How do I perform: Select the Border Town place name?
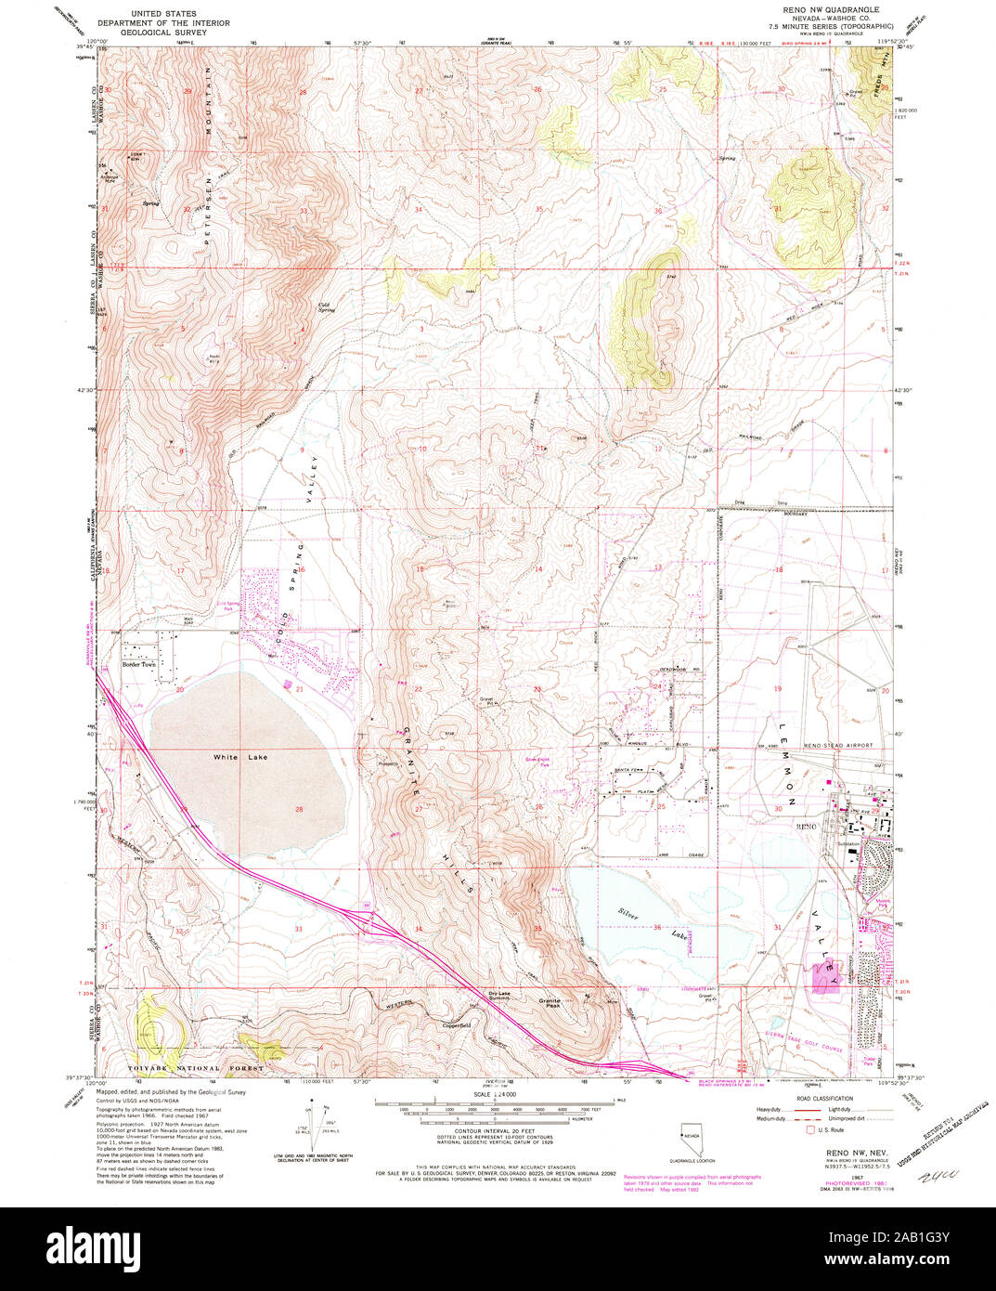click(x=142, y=664)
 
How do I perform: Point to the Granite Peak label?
click(x=550, y=1000)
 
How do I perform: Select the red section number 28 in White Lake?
click(x=299, y=809)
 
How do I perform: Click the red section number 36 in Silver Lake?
click(x=657, y=927)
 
